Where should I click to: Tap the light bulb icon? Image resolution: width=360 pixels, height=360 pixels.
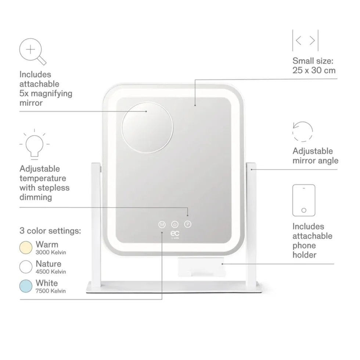coord(35,144)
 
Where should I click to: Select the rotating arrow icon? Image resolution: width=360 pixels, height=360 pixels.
coord(303,132)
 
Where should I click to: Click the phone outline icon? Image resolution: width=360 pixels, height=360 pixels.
coord(304,200)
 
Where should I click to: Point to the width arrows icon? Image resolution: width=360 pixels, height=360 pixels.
coord(305,40)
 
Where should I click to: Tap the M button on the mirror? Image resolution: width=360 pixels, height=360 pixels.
coord(162,224)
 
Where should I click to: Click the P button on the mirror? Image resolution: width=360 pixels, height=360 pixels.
coord(188,224)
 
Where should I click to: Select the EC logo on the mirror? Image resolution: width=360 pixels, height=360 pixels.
coord(175,235)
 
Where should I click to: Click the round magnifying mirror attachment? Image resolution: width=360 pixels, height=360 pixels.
coord(147,127)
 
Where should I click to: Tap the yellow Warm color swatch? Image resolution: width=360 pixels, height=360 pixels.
coord(26,248)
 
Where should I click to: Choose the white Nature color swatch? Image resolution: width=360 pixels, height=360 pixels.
coord(26,267)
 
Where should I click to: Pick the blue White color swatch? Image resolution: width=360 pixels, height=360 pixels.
coord(26,286)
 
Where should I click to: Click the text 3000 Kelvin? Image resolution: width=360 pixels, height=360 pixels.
coord(51,252)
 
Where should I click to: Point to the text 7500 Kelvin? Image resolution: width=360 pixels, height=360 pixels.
coord(51,291)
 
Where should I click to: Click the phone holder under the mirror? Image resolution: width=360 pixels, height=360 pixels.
coord(201,267)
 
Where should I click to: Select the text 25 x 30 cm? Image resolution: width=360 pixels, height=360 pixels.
coord(314,70)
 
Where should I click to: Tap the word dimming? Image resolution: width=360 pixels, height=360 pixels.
coord(36,197)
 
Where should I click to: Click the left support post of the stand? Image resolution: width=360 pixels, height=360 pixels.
coord(96,224)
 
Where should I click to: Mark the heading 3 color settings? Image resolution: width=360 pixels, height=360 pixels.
coord(50,231)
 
